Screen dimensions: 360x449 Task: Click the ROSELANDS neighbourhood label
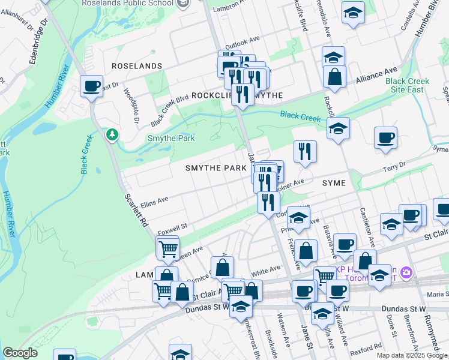[136, 65]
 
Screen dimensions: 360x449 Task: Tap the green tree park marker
[112, 134]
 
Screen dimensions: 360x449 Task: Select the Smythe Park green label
[172, 138]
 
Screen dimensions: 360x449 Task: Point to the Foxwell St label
[173, 226]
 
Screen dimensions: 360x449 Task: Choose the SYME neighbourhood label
[334, 182]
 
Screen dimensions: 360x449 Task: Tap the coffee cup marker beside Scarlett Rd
[91, 86]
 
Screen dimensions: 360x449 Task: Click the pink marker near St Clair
[406, 273]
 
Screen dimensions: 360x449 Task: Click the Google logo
[20, 353]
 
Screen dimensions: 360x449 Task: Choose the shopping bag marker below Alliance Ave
[334, 77]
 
